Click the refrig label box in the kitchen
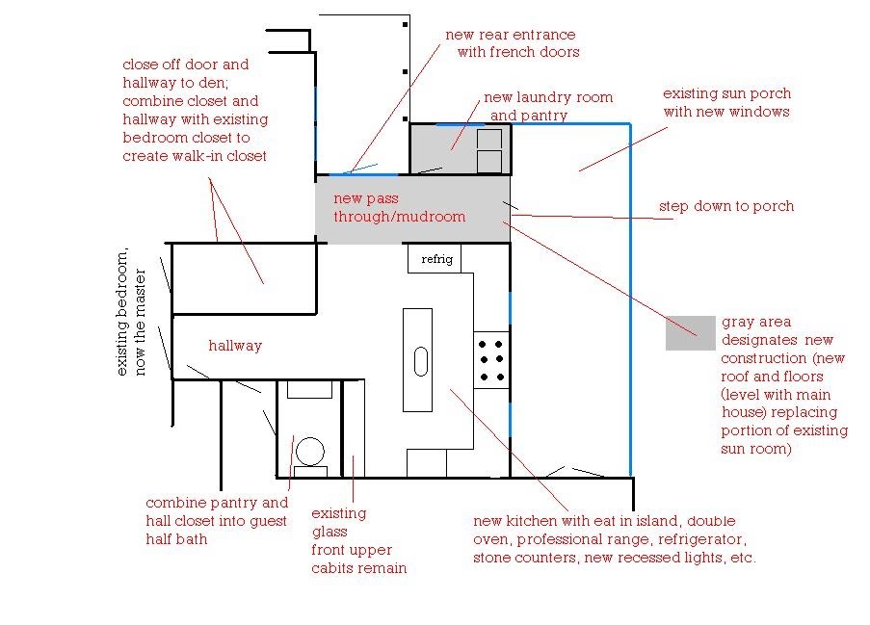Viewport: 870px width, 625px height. click(435, 259)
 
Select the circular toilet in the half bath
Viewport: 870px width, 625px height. click(310, 452)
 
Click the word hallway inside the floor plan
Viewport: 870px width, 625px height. click(235, 346)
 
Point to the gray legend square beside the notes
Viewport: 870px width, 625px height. click(690, 333)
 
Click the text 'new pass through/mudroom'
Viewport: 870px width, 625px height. click(399, 208)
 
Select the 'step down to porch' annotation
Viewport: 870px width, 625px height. click(726, 206)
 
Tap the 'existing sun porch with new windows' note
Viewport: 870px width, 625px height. click(726, 102)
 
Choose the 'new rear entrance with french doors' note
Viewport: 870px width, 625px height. click(511, 43)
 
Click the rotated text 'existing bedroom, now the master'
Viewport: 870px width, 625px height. click(130, 314)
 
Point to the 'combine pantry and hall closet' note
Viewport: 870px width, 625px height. click(217, 521)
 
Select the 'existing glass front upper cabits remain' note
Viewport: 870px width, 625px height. click(357, 540)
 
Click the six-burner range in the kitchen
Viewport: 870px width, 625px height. click(491, 359)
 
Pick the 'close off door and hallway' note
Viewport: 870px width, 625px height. click(196, 111)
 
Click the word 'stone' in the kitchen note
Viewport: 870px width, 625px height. click(493, 558)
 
